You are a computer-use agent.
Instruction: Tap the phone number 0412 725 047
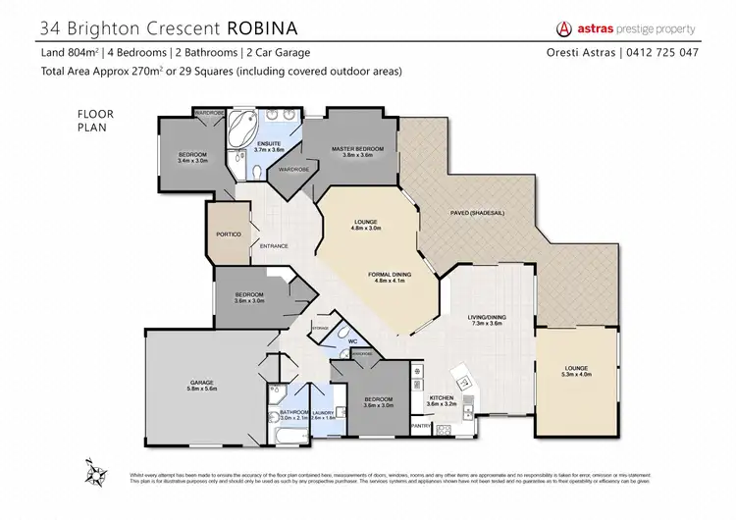(x=666, y=52)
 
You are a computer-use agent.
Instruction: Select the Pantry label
(x=421, y=426)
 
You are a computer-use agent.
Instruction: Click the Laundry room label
(x=324, y=412)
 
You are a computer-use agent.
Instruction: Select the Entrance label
(x=274, y=245)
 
